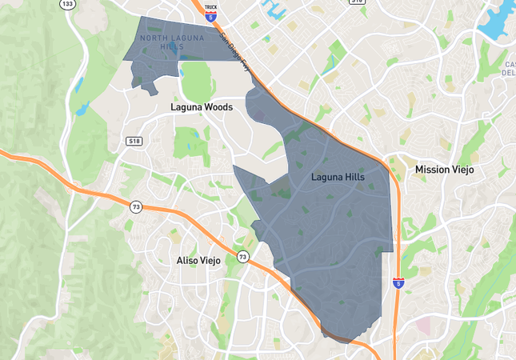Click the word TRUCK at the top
point(211,7)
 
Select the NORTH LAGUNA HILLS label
point(172,42)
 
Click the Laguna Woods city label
point(201,107)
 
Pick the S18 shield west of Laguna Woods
point(134,141)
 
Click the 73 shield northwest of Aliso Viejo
point(136,207)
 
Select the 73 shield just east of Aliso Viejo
point(242,257)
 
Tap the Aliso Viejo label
point(203,261)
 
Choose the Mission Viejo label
point(444,170)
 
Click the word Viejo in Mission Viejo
point(461,170)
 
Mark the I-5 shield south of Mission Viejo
point(398,283)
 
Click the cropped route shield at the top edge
point(357,2)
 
